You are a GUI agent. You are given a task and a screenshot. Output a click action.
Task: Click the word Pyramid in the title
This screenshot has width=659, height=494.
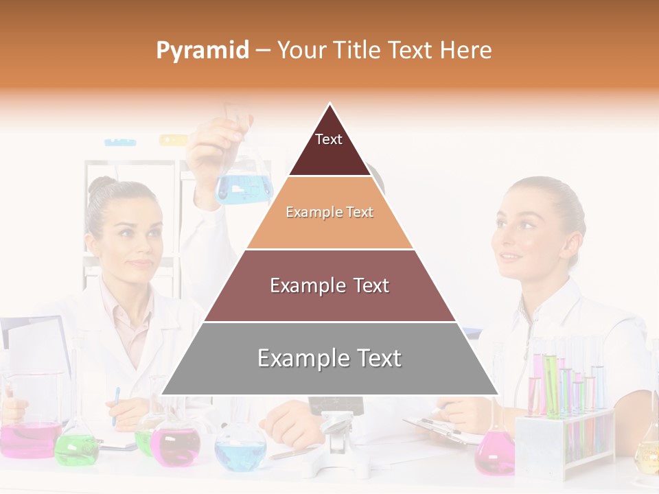pos(202,51)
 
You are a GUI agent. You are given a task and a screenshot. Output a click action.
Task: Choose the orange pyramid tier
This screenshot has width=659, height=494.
pos(329,213)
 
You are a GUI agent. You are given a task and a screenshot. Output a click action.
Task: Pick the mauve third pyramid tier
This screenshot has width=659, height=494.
pos(329,285)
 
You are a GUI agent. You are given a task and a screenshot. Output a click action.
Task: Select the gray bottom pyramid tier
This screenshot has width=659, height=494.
pos(329,359)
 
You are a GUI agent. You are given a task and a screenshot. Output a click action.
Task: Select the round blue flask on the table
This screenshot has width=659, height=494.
pos(240,449)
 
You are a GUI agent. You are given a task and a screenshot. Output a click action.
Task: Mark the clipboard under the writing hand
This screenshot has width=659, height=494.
pos(439,429)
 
